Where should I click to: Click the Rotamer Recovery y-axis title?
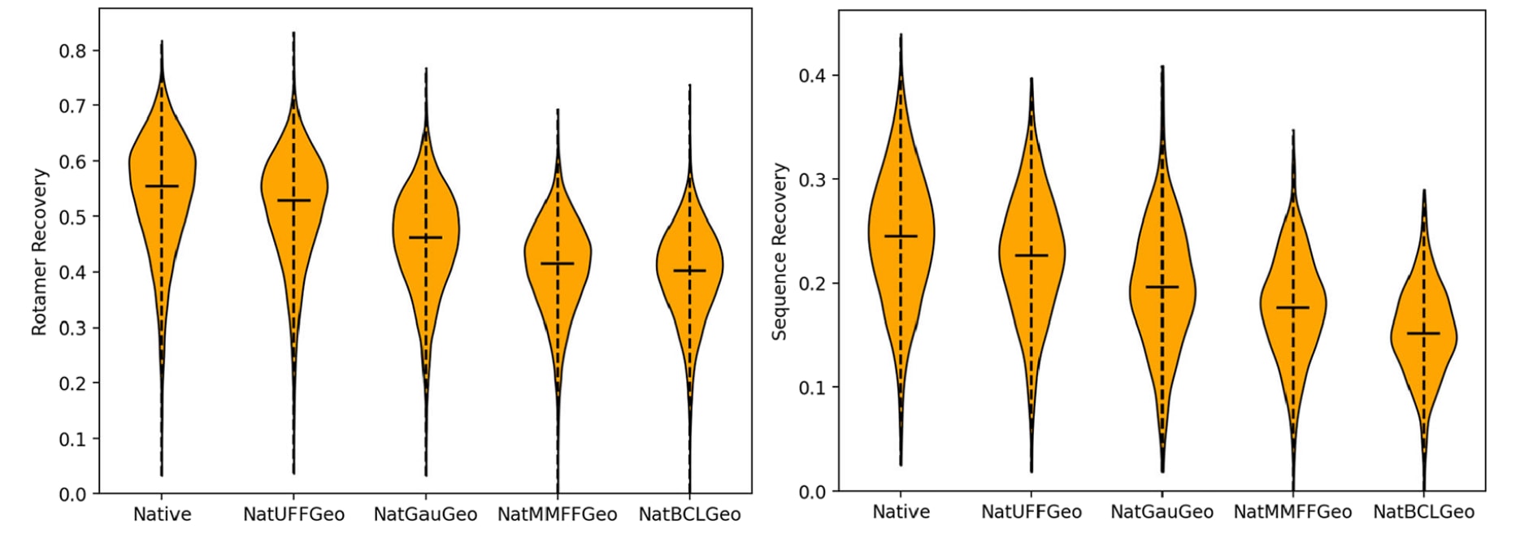point(40,252)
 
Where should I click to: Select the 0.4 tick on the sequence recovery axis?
point(813,76)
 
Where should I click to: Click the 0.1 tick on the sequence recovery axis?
point(813,388)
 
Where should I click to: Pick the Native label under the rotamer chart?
point(162,514)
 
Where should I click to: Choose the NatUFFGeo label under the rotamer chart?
point(293,514)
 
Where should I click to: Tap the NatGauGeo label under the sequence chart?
point(1162,512)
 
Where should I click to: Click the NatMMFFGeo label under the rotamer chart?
point(558,514)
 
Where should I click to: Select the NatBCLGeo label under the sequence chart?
point(1423,512)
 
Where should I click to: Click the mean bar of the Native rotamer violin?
point(162,186)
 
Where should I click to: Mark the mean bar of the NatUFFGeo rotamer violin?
point(293,200)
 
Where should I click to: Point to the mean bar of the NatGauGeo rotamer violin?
point(425,237)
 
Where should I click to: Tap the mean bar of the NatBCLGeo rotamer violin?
point(689,271)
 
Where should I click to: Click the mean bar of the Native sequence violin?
point(901,236)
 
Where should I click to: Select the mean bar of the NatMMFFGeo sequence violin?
point(1292,307)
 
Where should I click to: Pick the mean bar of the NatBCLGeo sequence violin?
point(1423,333)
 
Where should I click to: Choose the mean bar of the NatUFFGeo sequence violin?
point(1031,255)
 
